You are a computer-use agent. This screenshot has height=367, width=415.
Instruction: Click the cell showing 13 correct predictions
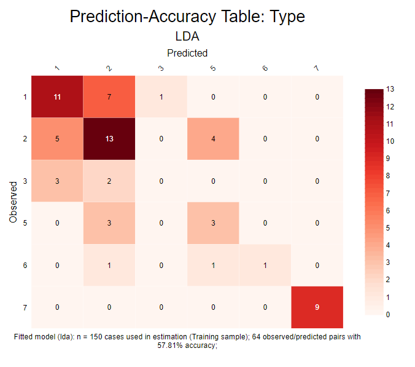click(x=109, y=139)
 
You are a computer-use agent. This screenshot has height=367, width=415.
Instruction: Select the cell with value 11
click(x=57, y=97)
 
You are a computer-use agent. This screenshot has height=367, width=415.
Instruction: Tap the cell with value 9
click(x=317, y=307)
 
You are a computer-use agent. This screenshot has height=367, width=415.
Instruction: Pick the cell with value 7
click(x=109, y=97)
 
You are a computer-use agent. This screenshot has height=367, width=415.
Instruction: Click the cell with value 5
click(x=57, y=139)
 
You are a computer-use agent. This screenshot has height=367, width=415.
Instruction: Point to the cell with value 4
click(x=213, y=139)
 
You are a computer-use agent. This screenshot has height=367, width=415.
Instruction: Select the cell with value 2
click(x=109, y=181)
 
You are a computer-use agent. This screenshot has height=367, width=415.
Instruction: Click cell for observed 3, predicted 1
click(x=57, y=181)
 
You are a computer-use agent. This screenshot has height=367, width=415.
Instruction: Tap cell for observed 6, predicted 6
click(x=265, y=265)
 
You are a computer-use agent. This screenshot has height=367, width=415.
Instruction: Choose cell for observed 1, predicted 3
click(x=161, y=97)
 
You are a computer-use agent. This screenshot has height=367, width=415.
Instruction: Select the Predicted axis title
click(x=187, y=53)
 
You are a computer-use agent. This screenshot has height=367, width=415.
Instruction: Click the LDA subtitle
click(x=187, y=37)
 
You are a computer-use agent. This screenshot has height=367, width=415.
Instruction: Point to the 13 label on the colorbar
click(x=390, y=89)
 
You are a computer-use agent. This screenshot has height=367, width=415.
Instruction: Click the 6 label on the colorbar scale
click(x=389, y=210)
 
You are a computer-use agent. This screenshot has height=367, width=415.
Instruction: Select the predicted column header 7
click(x=316, y=68)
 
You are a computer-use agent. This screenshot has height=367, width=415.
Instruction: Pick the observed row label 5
click(x=25, y=223)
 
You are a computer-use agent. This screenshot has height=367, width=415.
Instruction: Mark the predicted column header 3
click(x=161, y=68)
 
